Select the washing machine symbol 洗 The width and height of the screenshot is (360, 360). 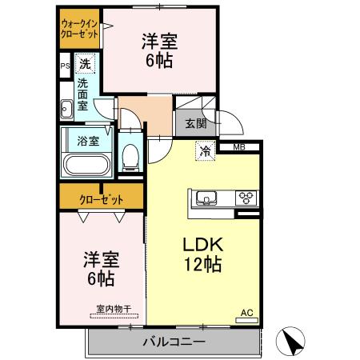[x=85, y=63]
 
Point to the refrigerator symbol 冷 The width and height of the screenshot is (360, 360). [x=206, y=150]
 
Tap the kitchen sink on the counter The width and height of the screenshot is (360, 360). [x=204, y=198]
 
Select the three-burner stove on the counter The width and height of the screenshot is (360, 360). [x=244, y=198]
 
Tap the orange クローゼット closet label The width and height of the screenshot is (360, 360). [x=101, y=198]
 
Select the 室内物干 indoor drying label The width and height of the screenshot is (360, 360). [x=112, y=309]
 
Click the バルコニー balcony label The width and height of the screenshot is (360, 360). [x=174, y=342]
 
